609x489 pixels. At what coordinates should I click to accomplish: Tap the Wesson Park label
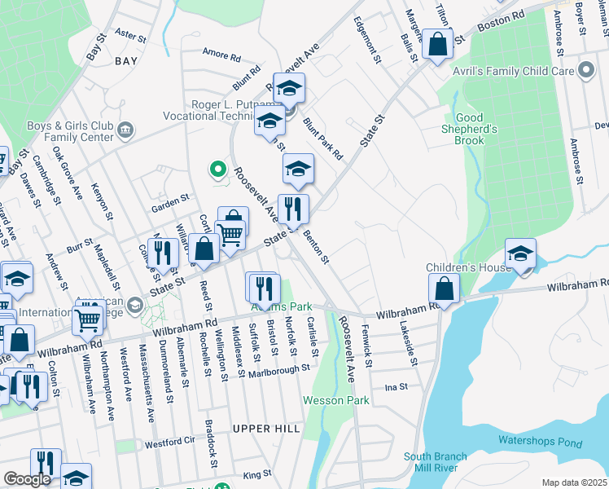(335, 400)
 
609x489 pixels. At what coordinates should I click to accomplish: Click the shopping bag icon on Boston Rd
(437, 46)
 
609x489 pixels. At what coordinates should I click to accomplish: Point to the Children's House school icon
(520, 254)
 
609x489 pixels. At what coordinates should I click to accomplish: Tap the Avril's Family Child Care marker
(586, 71)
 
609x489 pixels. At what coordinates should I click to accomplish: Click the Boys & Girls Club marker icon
(125, 130)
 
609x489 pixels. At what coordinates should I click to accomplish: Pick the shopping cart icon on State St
(232, 235)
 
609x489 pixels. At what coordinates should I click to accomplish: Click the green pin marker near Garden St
(217, 170)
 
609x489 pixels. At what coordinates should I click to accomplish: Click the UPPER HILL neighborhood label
(266, 428)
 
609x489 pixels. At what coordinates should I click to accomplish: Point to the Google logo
(27, 479)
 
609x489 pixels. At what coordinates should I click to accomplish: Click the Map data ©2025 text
(574, 482)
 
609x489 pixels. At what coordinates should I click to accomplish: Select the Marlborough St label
(279, 368)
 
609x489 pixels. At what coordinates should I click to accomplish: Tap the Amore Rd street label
(221, 58)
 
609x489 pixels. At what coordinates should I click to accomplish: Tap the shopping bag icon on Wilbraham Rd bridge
(444, 289)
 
